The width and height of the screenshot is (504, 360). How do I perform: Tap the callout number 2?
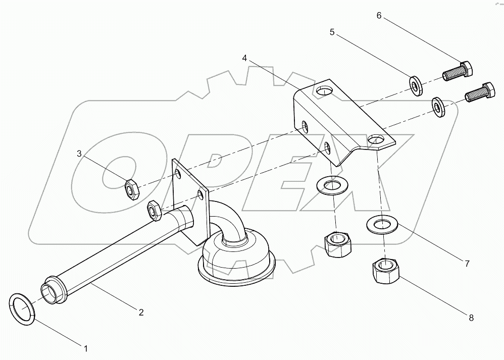click(x=141, y=313)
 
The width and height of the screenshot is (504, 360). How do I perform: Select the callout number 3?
click(x=79, y=153)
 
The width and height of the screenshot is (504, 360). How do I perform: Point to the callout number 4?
click(x=244, y=58)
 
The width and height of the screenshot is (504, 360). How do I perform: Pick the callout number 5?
click(x=332, y=32)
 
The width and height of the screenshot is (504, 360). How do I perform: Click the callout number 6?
click(x=379, y=16)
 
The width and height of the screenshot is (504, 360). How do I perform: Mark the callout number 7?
click(x=467, y=263)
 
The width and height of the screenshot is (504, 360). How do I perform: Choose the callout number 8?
click(x=471, y=318)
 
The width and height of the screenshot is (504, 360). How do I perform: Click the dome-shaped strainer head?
click(x=235, y=258)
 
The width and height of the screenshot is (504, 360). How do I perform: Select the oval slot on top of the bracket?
click(x=323, y=90)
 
